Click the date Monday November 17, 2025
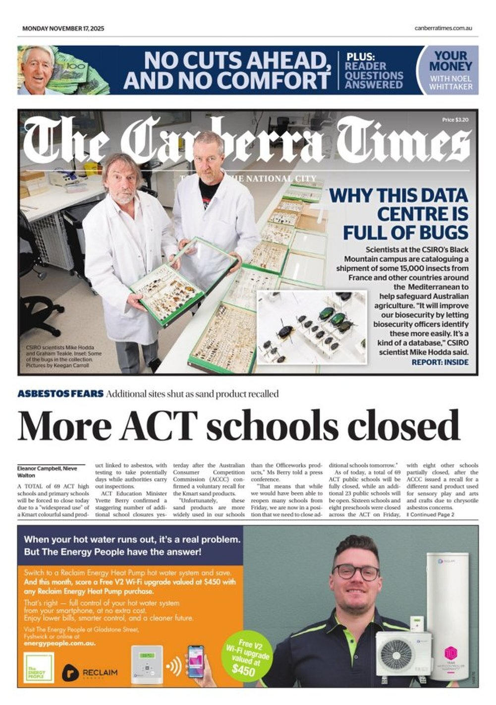point(63,28)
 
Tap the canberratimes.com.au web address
point(443,28)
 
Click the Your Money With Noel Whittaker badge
point(450,70)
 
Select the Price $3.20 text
point(455,120)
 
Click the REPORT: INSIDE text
point(440,362)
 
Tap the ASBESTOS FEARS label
point(60,394)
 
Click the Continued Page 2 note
point(431,515)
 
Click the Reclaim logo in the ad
point(90,673)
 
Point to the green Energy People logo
point(39,668)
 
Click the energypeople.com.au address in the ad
point(59,644)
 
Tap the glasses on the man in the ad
point(355,573)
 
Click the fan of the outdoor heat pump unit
point(396,655)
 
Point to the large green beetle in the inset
point(328,313)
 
